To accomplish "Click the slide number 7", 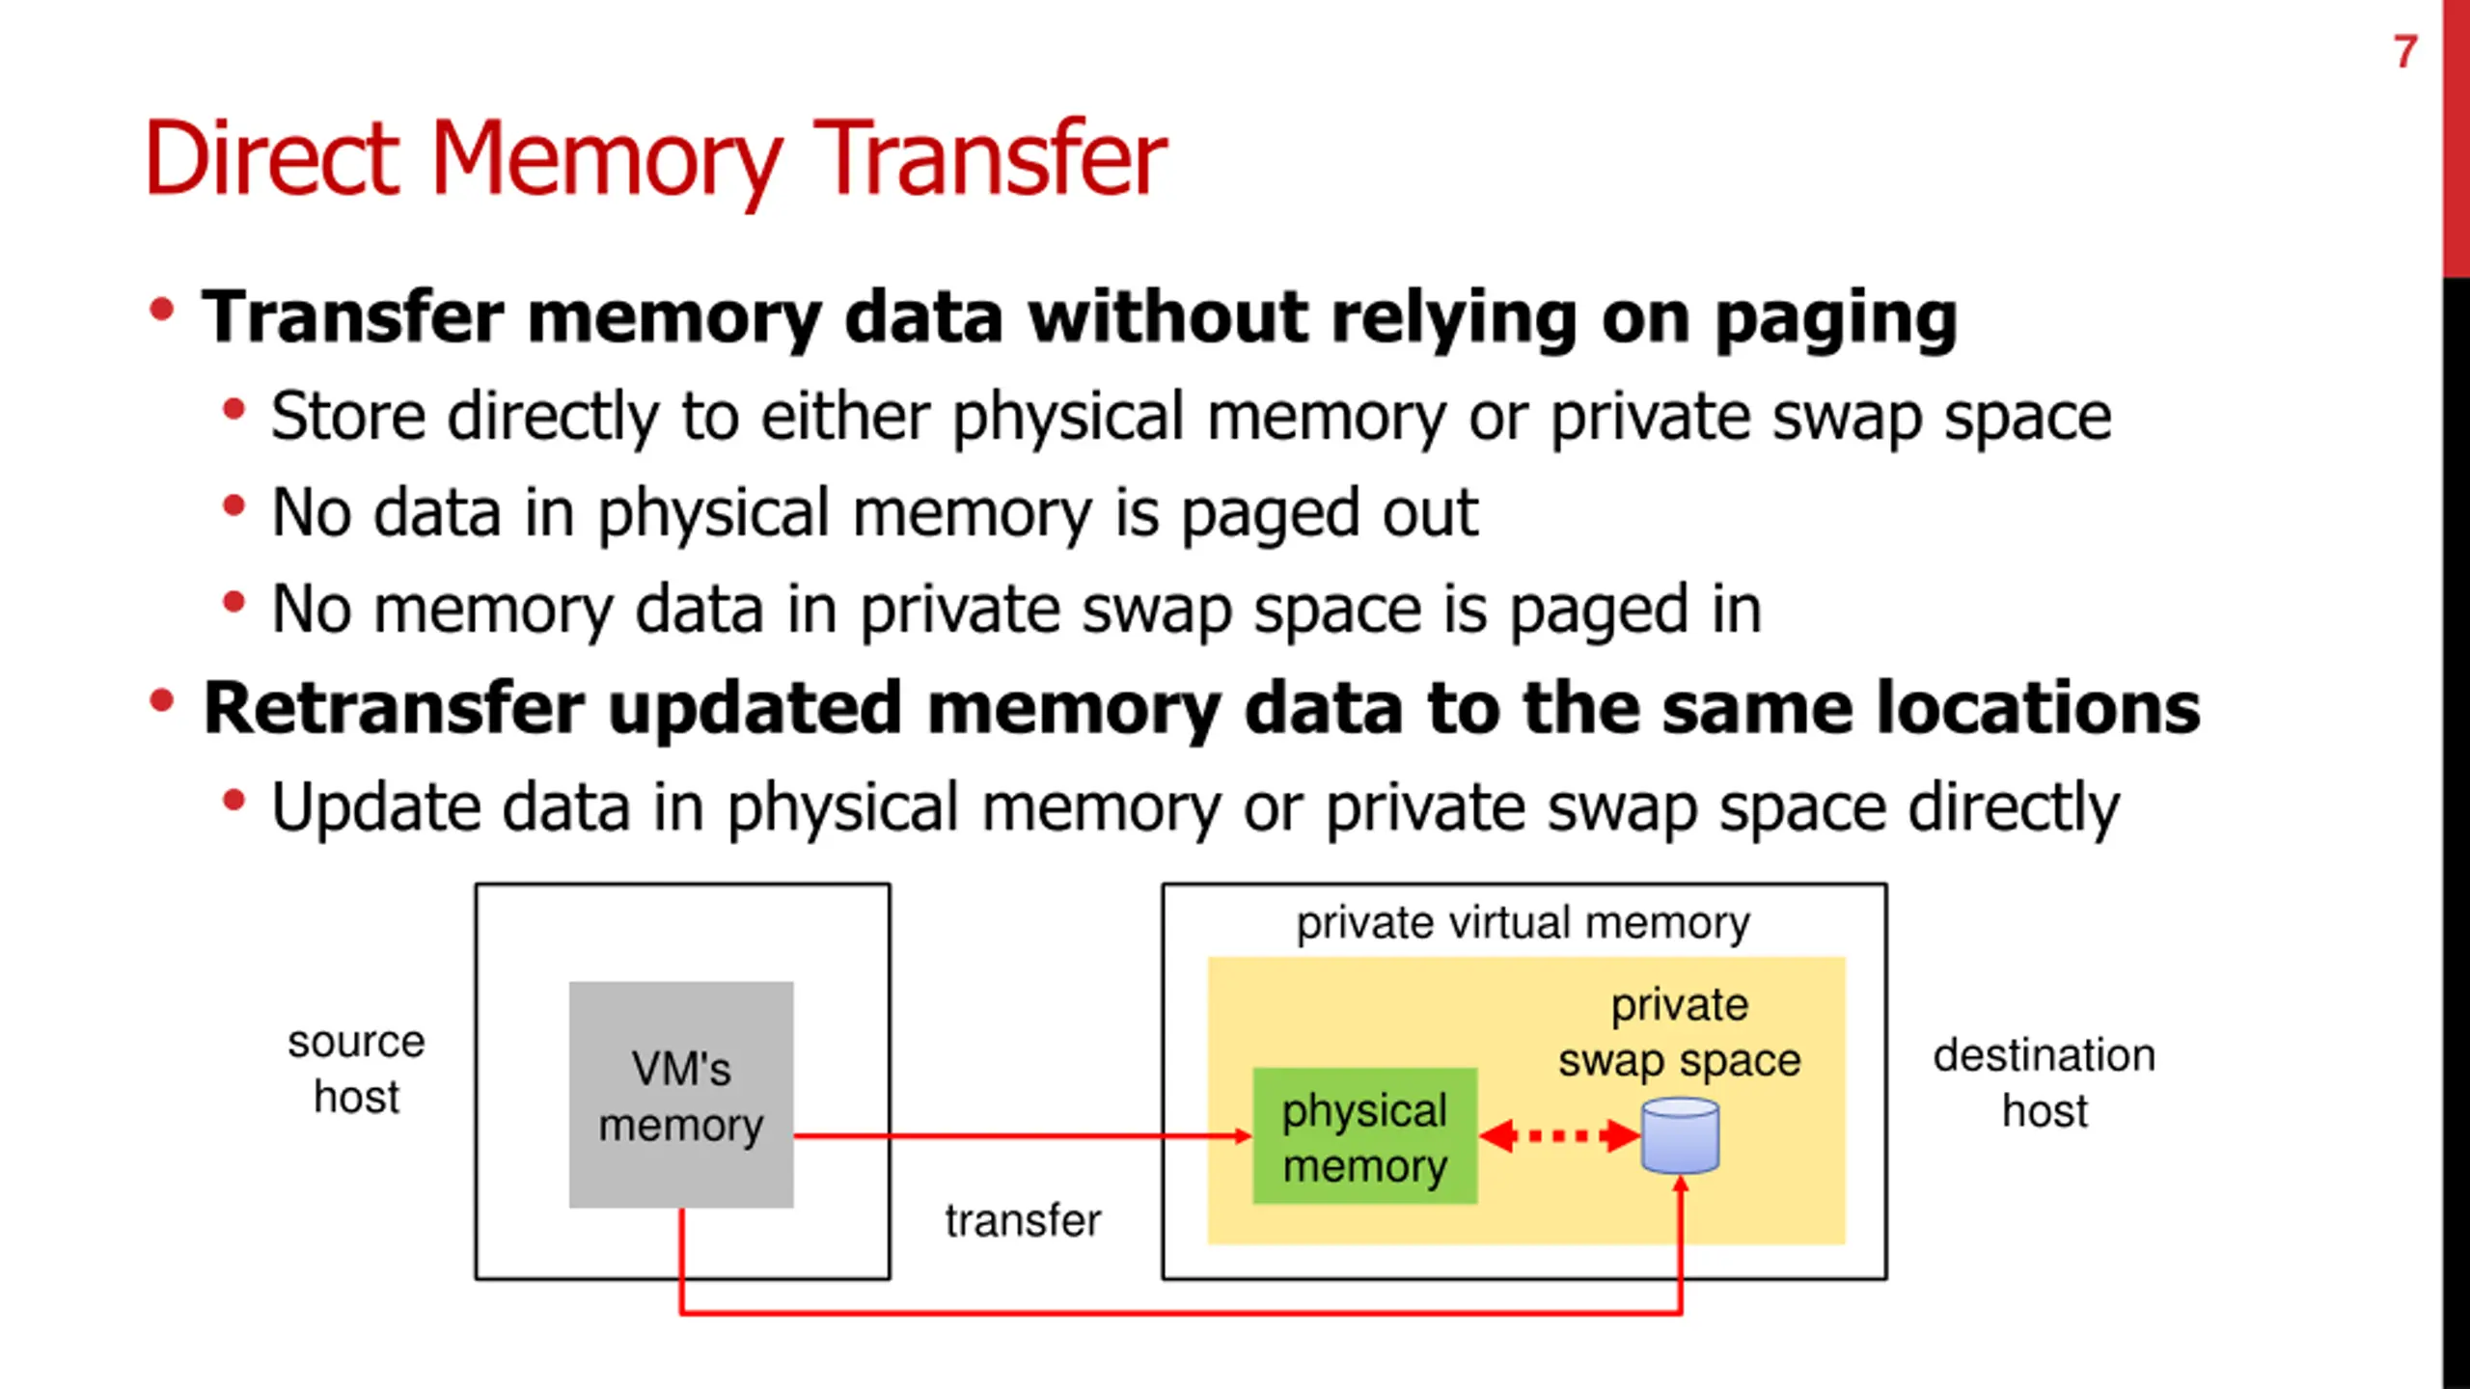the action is pyautogui.click(x=2404, y=51).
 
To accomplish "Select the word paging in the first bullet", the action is pyautogui.click(x=1836, y=319).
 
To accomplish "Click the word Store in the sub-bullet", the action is pyautogui.click(x=348, y=416).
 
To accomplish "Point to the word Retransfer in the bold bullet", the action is pyautogui.click(x=394, y=708).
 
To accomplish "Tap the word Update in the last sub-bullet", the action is pyautogui.click(x=374, y=808).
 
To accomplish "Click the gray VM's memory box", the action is pyautogui.click(x=681, y=1095).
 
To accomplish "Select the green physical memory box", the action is pyautogui.click(x=1364, y=1136).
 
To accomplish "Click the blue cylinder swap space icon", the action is pyautogui.click(x=1680, y=1135).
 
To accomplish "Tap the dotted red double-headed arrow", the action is pyautogui.click(x=1559, y=1135).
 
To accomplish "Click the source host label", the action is pyautogui.click(x=356, y=1070).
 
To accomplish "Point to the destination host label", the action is pyautogui.click(x=2045, y=1083).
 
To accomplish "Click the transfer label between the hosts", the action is pyautogui.click(x=1023, y=1220).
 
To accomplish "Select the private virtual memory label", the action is pyautogui.click(x=1523, y=924).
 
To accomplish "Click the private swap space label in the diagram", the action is pyautogui.click(x=1680, y=1033).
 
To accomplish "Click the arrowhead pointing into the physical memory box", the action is pyautogui.click(x=1245, y=1136).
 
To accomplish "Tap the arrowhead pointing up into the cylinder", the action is pyautogui.click(x=1680, y=1185).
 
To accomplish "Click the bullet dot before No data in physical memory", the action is pyautogui.click(x=233, y=505).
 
